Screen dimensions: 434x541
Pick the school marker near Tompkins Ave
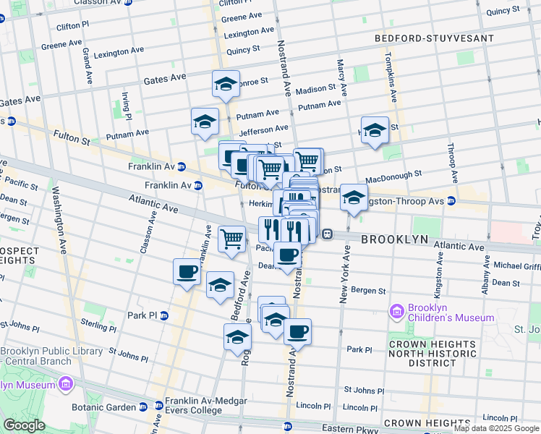click(375, 130)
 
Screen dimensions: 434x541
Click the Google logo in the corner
click(24, 425)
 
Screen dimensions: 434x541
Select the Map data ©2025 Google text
click(497, 429)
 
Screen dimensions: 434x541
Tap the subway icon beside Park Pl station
click(163, 315)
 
